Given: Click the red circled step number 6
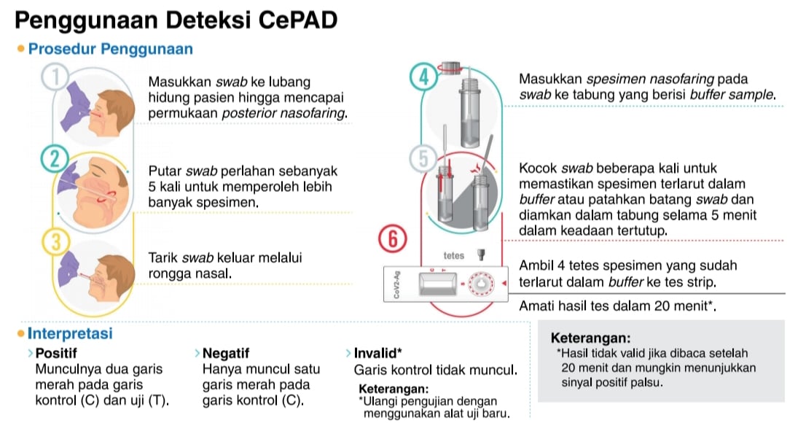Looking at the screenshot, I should [393, 238].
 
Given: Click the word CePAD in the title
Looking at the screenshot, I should [297, 20].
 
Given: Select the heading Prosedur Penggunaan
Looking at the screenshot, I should [110, 50].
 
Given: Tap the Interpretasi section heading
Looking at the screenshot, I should [70, 334].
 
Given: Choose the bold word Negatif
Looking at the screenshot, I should [227, 354].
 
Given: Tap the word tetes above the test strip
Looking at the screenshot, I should [454, 256].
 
